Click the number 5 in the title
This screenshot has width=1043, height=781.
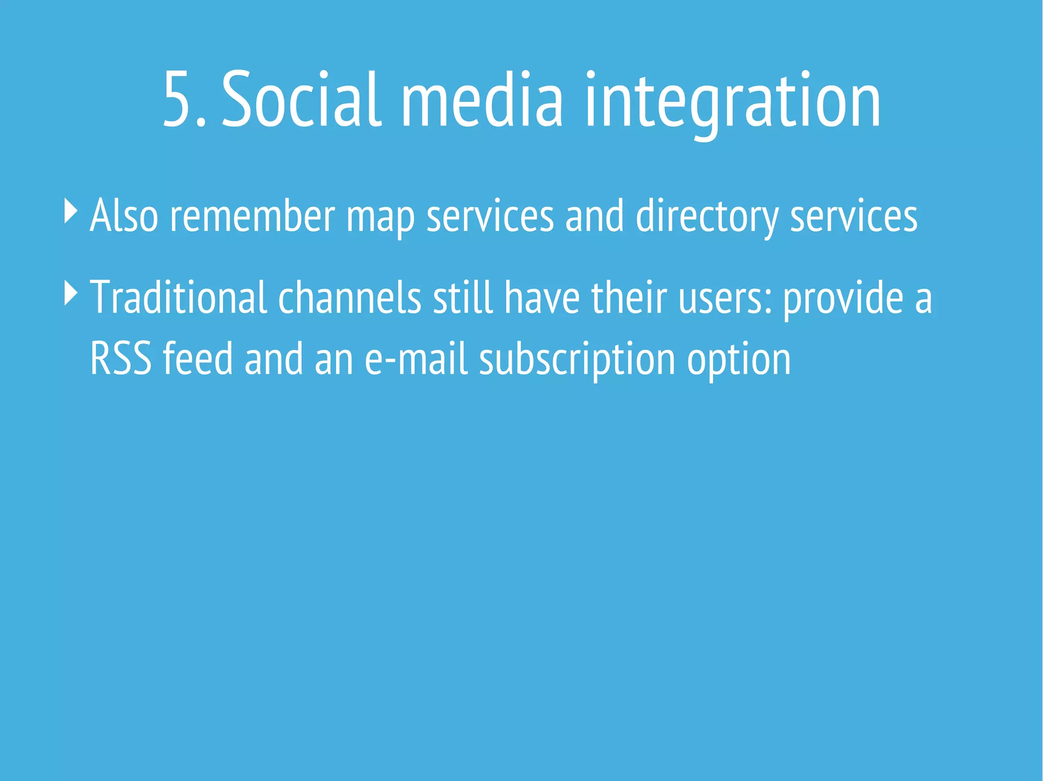(178, 99)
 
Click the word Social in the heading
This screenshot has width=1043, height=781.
(301, 99)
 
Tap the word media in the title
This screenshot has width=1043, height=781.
(482, 99)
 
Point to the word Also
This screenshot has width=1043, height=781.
(124, 216)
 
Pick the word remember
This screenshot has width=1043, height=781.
(252, 216)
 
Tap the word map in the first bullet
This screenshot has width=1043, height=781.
(380, 219)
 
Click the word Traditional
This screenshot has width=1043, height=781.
(178, 298)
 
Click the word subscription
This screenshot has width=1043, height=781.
(577, 360)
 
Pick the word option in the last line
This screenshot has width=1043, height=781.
(738, 360)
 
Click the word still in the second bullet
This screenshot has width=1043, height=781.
(462, 298)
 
